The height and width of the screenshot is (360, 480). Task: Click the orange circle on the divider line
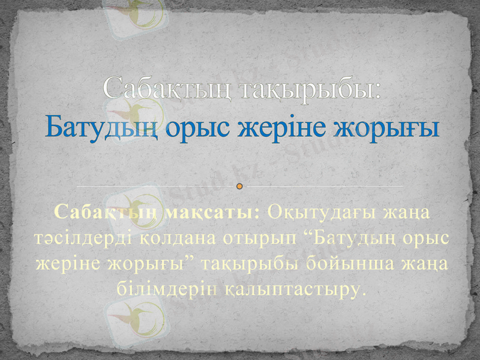[x=240, y=187]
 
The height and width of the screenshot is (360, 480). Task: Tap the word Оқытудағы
[x=321, y=212]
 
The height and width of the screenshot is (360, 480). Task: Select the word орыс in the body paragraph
[x=427, y=238]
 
